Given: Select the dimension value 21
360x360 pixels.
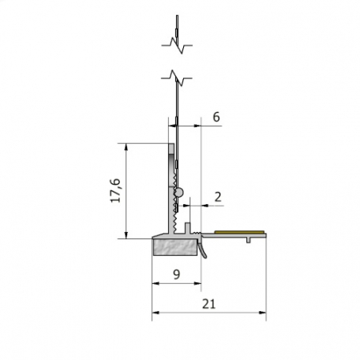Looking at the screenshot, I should (209, 304).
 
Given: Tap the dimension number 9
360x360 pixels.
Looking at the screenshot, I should (176, 275).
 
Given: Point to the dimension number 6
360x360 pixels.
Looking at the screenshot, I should (216, 117).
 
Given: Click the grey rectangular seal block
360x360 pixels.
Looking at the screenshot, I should (174, 246).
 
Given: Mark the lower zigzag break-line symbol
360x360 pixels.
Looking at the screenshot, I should (178, 78).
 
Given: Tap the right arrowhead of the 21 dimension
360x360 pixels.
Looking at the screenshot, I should (262, 314).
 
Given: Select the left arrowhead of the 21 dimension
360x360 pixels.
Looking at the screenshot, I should (155, 314).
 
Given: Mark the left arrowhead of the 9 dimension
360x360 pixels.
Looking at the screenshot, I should (155, 285).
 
